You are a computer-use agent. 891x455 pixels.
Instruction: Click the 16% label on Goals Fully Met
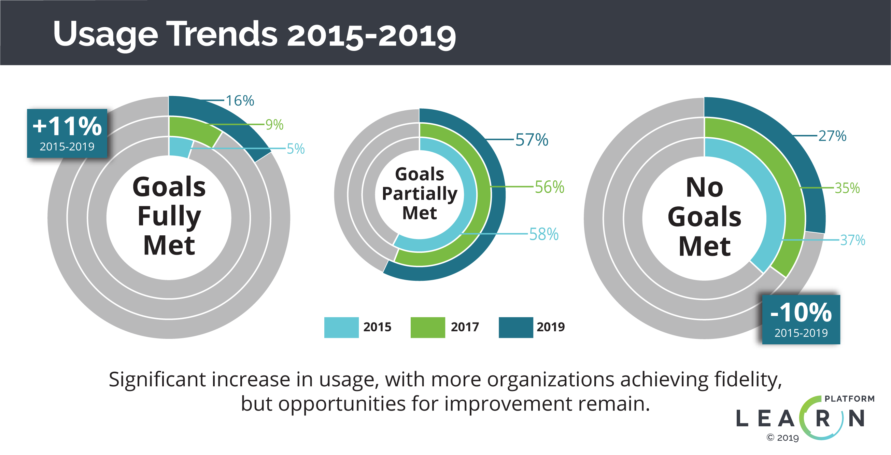(x=240, y=101)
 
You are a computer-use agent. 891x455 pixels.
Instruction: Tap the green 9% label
(x=274, y=125)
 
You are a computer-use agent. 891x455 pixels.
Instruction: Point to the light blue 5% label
(x=296, y=149)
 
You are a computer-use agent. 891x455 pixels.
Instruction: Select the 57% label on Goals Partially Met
(x=532, y=140)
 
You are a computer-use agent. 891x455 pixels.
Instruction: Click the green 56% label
(x=549, y=187)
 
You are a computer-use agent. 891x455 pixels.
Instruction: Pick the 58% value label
(x=544, y=234)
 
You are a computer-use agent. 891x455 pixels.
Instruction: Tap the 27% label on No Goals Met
(x=832, y=136)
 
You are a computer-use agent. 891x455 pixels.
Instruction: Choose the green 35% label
(x=847, y=188)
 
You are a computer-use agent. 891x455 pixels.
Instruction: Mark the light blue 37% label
(x=853, y=240)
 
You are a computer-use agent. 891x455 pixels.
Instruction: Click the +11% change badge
(x=67, y=134)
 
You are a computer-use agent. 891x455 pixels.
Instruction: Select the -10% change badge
(x=801, y=319)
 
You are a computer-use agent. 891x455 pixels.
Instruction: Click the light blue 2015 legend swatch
(x=341, y=327)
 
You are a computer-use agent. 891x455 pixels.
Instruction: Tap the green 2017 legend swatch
(x=427, y=327)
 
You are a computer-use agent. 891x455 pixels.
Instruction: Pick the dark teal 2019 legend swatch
(x=516, y=327)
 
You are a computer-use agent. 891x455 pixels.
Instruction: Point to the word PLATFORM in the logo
(x=849, y=399)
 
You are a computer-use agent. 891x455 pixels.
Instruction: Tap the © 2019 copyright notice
(x=783, y=438)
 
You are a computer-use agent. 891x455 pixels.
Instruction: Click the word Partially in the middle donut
(x=420, y=194)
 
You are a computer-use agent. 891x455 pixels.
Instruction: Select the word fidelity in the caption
(x=748, y=380)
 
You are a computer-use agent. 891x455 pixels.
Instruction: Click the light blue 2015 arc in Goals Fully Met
(x=180, y=147)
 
